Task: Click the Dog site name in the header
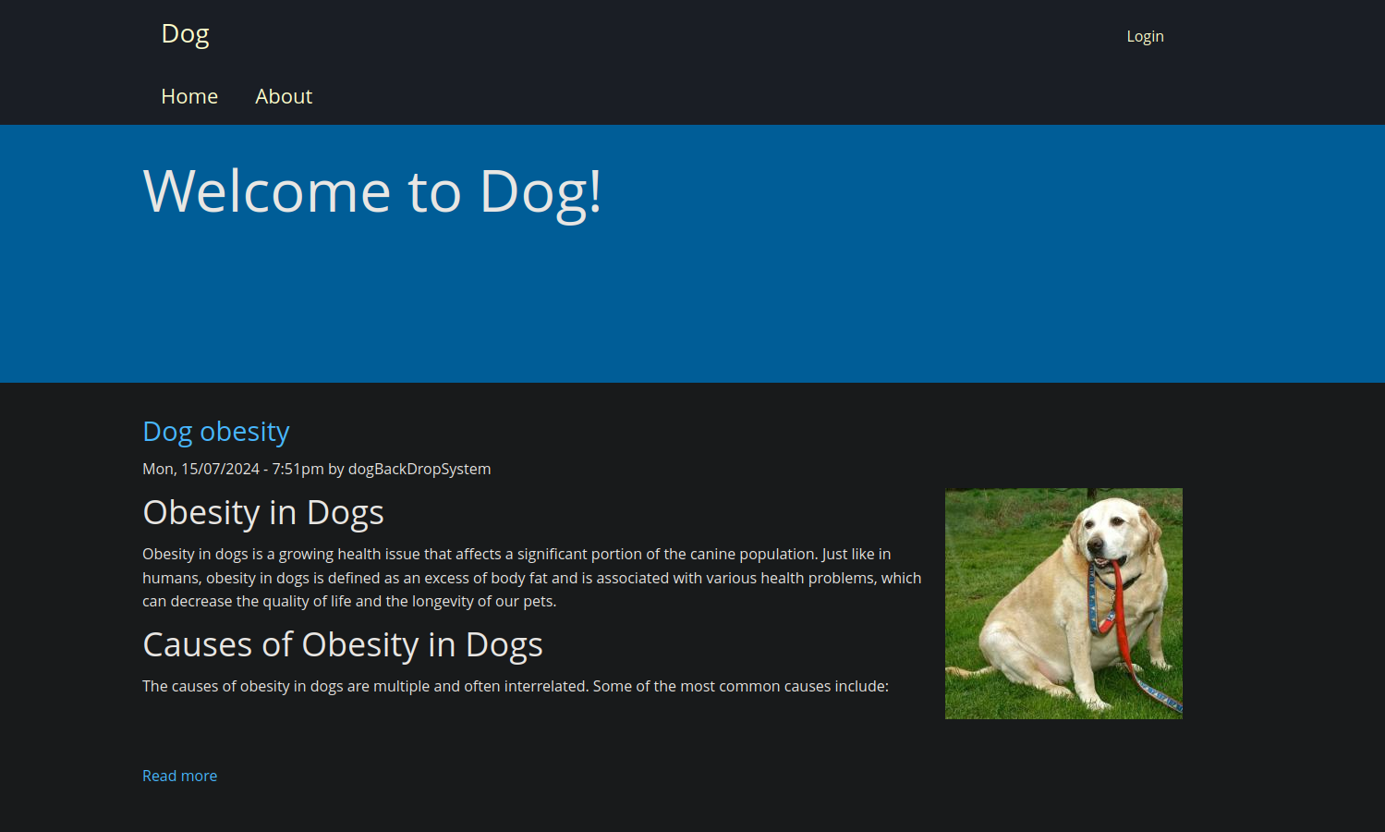185,34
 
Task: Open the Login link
1145,36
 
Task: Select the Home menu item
189,96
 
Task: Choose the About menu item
284,96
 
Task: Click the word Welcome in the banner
266,191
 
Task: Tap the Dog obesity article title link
216,432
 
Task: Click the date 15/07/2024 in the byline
220,469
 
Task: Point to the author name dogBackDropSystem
419,469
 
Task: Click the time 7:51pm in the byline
298,469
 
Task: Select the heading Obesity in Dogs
263,513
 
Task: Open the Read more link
180,776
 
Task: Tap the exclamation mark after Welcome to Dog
595,190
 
